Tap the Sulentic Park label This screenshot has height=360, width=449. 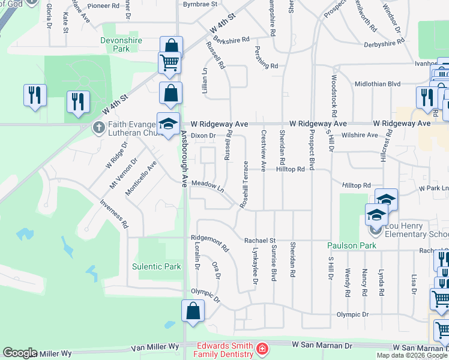pos(157,266)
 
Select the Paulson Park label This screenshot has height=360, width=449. pos(351,245)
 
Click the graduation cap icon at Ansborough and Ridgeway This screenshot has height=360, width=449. pos(169,124)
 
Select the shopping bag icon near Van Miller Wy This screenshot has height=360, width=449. pos(193,311)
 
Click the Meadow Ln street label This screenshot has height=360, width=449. pos(208,187)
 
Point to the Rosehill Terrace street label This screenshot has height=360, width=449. pos(245,184)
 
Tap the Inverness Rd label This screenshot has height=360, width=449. pos(114,212)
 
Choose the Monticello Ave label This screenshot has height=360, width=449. pos(140,178)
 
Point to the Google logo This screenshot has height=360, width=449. pos(20,353)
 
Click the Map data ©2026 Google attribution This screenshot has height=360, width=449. pos(412,355)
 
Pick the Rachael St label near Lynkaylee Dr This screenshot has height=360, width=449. pos(259,240)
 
